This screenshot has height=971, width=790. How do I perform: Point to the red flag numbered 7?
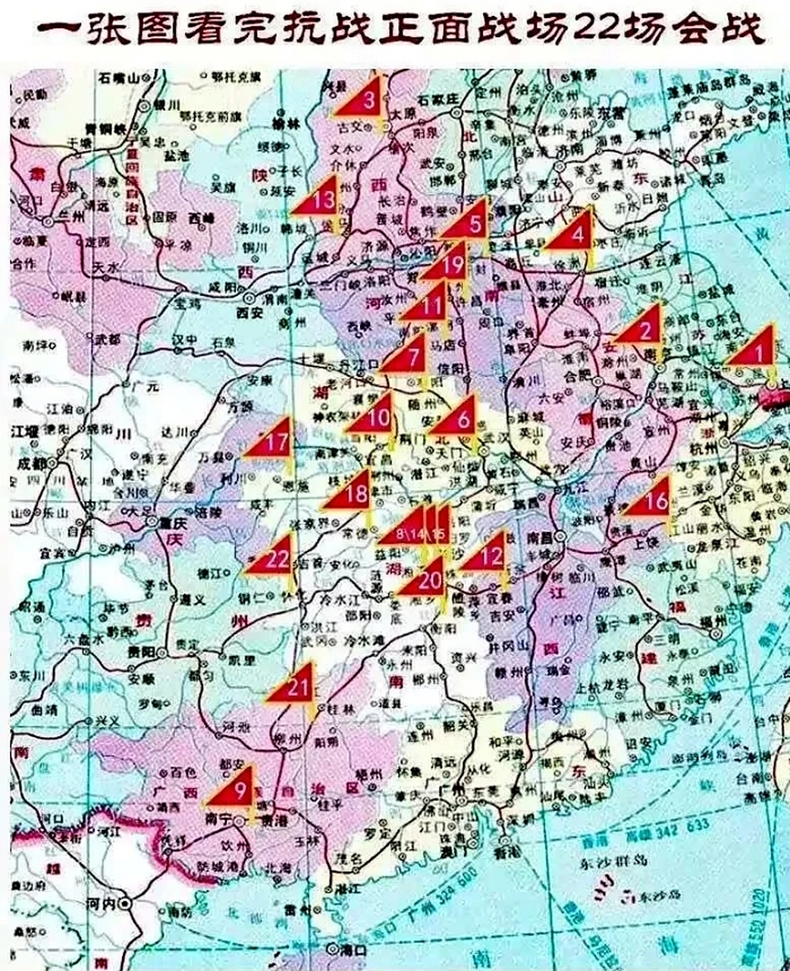pyautogui.click(x=410, y=356)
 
